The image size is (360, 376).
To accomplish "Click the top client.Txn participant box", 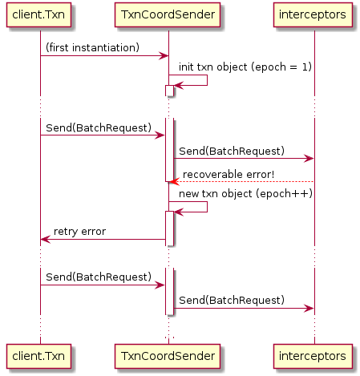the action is click(38, 14).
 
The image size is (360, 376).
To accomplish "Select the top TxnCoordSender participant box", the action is click(168, 14).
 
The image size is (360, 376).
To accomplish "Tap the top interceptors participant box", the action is click(313, 14).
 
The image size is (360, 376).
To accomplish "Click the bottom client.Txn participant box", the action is click(38, 356).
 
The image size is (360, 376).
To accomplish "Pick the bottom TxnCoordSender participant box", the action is click(168, 356).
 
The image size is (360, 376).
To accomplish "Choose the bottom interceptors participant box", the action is click(313, 356).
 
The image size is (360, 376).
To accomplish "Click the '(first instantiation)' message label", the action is click(92, 47).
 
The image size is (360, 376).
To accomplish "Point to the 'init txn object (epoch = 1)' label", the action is click(245, 67).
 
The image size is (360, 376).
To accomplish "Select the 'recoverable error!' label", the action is click(229, 175).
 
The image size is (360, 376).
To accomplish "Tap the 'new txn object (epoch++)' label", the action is click(245, 193).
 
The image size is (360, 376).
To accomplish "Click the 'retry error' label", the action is click(79, 232).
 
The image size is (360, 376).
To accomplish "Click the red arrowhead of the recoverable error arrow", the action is click(174, 182).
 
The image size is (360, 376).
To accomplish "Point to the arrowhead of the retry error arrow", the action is click(45, 240).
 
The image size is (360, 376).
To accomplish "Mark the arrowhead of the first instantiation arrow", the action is click(164, 56).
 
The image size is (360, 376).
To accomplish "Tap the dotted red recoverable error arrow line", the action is click(242, 182).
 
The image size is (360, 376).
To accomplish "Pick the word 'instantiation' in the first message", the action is click(104, 47).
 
